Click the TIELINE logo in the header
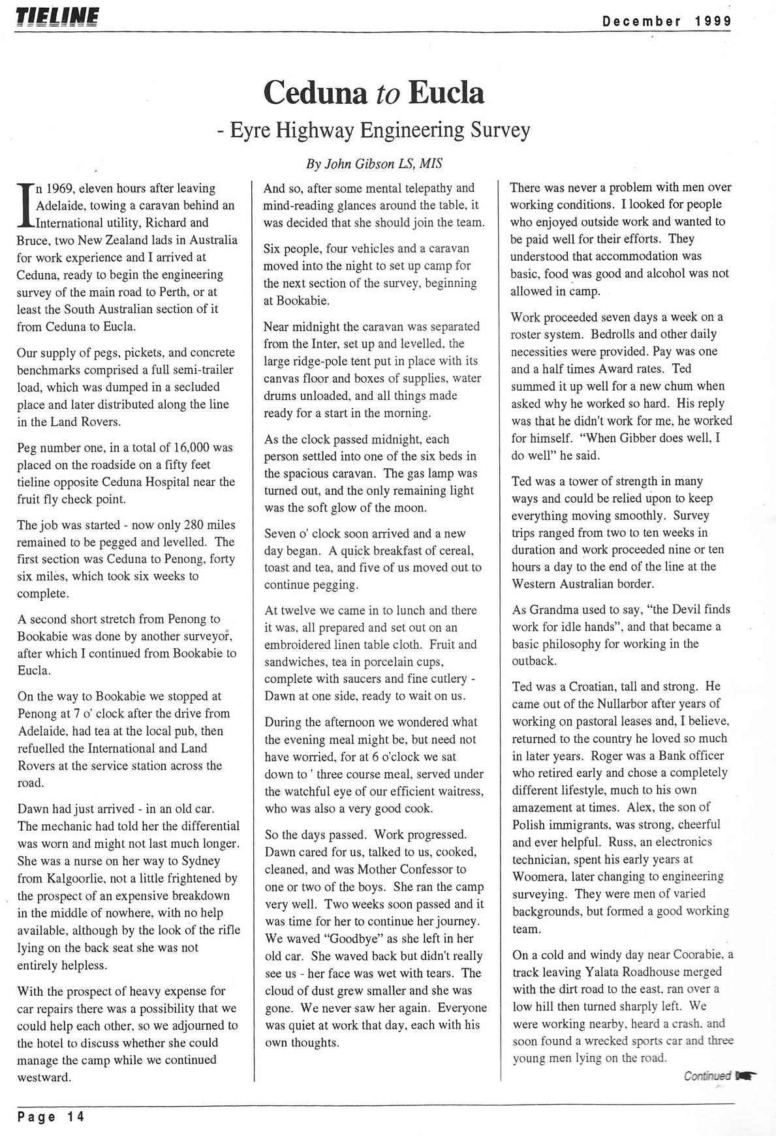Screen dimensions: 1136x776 [x=57, y=15]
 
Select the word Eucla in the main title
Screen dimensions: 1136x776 [x=446, y=93]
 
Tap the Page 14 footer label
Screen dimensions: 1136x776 [x=51, y=1116]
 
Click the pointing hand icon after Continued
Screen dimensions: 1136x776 [x=746, y=1076]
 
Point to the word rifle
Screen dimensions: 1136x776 [x=226, y=930]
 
